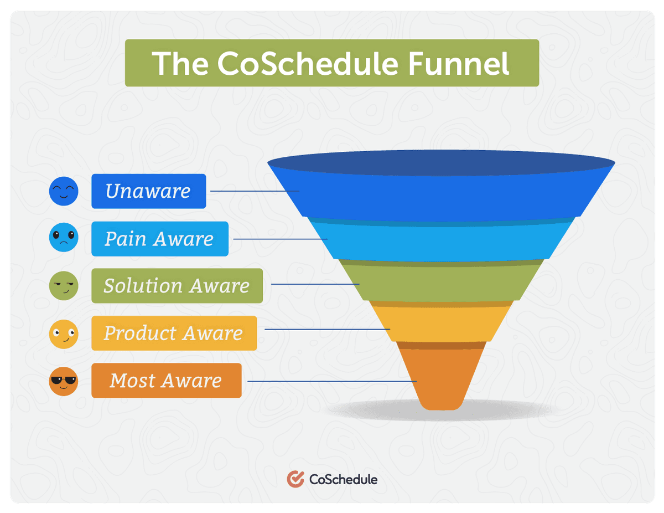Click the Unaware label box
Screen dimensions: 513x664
pos(148,191)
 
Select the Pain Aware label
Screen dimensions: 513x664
pos(159,239)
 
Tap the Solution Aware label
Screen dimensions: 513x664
pos(177,286)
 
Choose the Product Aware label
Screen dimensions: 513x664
pos(174,333)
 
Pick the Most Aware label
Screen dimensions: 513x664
pos(166,381)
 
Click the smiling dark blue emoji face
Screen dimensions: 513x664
pos(63,191)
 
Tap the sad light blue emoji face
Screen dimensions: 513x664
pos(63,239)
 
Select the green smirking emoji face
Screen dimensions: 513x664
pos(63,286)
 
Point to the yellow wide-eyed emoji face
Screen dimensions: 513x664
pos(63,334)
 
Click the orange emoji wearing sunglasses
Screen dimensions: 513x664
pos(63,381)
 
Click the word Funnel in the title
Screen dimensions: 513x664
pos(459,63)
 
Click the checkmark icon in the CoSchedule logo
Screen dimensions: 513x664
pos(295,479)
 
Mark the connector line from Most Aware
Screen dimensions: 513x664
pos(332,381)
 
